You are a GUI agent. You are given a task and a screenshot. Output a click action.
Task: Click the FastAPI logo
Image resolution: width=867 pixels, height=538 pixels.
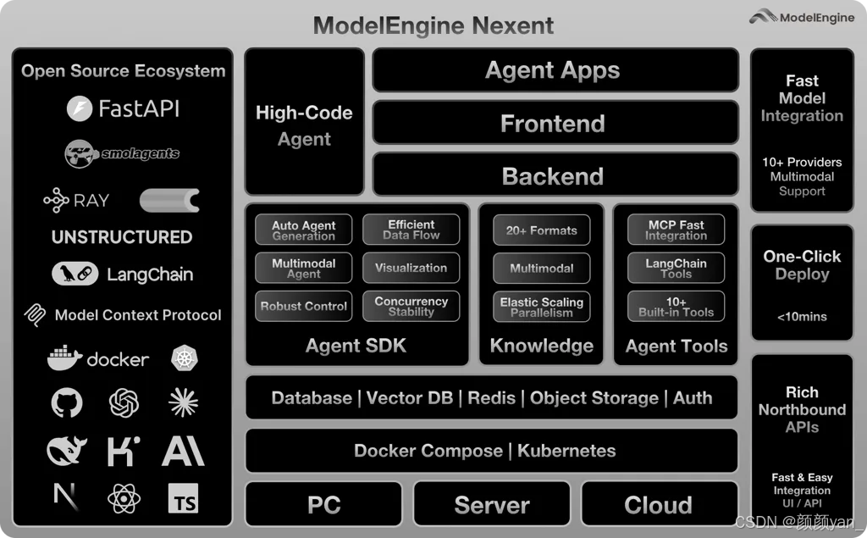(x=80, y=108)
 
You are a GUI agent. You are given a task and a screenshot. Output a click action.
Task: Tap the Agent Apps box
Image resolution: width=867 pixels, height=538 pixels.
(x=554, y=70)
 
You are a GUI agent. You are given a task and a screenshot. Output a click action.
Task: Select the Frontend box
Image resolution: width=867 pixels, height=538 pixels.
(x=554, y=124)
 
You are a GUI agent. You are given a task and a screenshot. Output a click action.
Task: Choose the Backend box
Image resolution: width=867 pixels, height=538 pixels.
(x=554, y=176)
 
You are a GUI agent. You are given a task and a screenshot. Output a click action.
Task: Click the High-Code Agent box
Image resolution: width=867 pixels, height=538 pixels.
(x=304, y=125)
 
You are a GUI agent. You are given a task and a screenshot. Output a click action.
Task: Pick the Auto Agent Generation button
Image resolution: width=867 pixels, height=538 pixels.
(x=303, y=230)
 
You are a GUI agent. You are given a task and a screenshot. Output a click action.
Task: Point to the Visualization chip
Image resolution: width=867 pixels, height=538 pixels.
(x=411, y=268)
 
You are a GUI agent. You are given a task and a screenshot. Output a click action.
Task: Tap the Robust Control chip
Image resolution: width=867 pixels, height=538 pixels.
(x=303, y=306)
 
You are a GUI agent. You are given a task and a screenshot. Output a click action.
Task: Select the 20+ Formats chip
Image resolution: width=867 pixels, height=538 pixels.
(x=541, y=230)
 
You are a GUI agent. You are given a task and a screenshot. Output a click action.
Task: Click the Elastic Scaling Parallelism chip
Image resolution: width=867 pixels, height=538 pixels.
(x=541, y=307)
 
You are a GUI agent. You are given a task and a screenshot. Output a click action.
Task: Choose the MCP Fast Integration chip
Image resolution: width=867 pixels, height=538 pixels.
(x=676, y=230)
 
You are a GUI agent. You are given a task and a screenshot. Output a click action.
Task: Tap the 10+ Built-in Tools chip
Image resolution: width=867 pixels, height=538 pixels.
(x=676, y=307)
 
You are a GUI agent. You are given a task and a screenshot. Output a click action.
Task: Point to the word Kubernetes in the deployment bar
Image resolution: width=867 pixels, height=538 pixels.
(x=566, y=451)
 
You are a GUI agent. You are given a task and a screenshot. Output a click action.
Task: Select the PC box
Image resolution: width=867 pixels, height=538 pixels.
(x=323, y=505)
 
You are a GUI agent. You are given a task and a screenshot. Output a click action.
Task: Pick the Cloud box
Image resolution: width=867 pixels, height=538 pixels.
(x=658, y=505)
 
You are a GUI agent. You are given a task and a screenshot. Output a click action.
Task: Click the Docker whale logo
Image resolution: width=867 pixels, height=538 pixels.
(x=65, y=358)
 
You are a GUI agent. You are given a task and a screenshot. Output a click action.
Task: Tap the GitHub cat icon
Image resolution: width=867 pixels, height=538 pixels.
(x=67, y=402)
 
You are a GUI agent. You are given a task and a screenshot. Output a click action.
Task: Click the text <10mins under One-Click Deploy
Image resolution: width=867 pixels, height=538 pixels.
(x=801, y=317)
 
